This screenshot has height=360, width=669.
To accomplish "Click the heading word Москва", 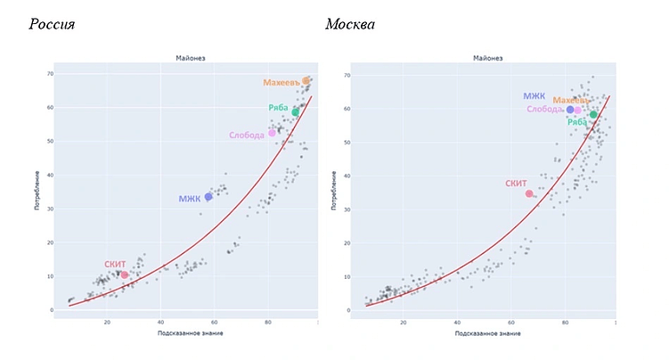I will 350,24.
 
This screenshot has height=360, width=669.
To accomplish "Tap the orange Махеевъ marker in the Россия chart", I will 306,81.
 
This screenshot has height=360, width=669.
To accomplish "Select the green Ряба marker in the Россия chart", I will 295,112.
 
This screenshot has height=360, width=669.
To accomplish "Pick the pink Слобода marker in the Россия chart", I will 273,133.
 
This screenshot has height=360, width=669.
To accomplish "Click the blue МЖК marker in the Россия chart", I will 208,197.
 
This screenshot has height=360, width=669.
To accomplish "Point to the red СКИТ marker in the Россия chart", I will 124,274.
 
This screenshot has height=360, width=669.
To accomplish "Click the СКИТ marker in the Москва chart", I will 529,193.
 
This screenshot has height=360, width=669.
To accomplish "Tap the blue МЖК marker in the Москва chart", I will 571,110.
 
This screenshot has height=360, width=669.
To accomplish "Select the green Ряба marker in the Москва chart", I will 593,114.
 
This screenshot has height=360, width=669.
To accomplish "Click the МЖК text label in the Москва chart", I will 534,96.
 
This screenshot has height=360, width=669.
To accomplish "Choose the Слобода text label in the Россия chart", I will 246,135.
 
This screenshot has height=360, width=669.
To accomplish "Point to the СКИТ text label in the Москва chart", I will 516,183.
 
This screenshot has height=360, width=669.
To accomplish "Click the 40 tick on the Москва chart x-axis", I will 457,322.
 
